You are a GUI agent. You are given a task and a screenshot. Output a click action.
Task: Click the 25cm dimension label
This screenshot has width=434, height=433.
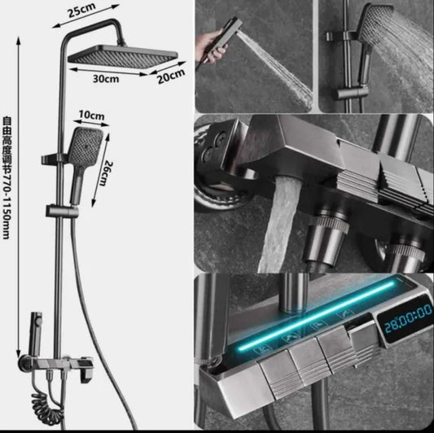tap(82, 11)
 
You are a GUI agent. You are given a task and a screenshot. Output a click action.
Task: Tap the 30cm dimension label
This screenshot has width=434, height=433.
tap(106, 79)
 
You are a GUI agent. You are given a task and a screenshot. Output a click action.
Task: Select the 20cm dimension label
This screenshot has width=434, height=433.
tap(171, 77)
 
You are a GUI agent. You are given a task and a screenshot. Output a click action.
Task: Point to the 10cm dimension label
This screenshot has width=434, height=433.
tap(92, 115)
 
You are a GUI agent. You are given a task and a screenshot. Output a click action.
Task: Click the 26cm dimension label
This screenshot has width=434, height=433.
tap(106, 173)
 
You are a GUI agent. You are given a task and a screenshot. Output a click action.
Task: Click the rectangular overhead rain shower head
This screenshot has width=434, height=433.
tap(123, 57)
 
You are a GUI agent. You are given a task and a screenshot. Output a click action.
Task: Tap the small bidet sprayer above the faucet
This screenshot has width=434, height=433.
tap(36, 334)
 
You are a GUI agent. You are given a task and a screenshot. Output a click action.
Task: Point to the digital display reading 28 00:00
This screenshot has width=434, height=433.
tap(406, 319)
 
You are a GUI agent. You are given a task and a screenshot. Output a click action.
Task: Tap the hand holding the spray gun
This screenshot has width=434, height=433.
tap(209, 46)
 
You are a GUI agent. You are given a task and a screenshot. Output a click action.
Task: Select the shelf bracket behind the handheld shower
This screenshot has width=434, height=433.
tap(54, 160)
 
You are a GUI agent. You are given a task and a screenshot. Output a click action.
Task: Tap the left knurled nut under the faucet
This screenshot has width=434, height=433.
tap(326, 240)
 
